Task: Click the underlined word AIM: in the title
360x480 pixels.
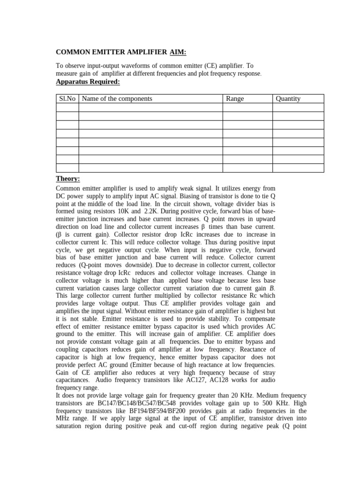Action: [177, 52]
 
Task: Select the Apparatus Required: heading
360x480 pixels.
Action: [88, 82]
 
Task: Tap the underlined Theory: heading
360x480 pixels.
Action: [68, 179]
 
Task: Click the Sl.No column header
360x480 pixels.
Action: [67, 98]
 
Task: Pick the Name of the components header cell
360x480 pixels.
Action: [117, 98]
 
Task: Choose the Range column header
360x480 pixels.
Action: [235, 98]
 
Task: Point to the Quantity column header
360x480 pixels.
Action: [288, 98]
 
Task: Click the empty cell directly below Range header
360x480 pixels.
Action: [247, 107]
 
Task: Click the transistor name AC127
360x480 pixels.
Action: [215, 380]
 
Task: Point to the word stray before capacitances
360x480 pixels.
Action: [266, 372]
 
